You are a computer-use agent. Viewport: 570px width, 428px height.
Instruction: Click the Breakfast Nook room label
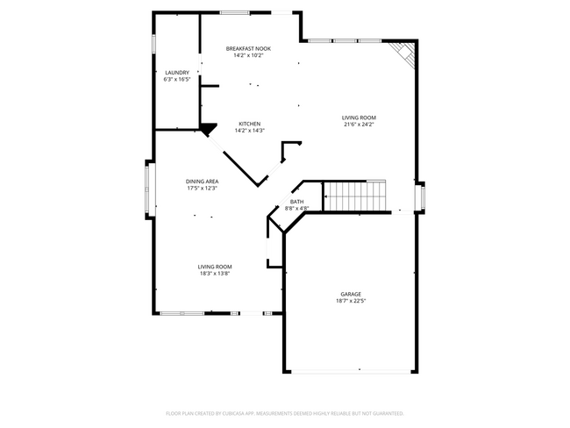(248, 48)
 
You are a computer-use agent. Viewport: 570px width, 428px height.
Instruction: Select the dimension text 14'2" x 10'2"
(248, 55)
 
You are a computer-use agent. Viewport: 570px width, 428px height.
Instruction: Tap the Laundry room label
(177, 72)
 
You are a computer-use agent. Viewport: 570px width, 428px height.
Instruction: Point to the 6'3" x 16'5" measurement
(177, 79)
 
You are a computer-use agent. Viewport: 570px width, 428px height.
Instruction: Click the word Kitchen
(250, 124)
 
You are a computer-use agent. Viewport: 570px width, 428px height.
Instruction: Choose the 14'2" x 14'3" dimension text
(250, 131)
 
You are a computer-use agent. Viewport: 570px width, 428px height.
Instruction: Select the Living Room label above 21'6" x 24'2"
(359, 118)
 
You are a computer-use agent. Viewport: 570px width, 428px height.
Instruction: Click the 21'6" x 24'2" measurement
(359, 125)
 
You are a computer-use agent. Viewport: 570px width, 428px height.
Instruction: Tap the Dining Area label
(202, 181)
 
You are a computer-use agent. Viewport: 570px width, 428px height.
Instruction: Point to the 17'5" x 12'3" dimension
(202, 188)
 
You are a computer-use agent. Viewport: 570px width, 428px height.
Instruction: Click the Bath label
(297, 202)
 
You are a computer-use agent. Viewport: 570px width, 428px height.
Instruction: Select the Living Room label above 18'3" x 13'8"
(214, 267)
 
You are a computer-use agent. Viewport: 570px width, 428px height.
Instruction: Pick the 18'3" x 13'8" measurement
(214, 274)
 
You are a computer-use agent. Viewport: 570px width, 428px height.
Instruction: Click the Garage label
(351, 294)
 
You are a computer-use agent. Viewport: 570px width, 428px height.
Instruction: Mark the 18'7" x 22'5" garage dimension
(351, 301)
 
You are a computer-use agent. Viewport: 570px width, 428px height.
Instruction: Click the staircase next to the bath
(354, 196)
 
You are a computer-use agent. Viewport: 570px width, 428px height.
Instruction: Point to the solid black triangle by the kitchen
(208, 130)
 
